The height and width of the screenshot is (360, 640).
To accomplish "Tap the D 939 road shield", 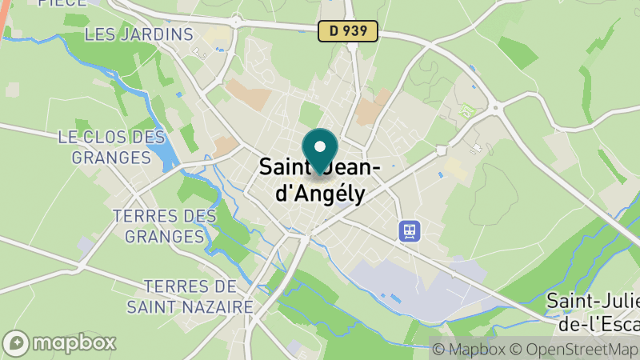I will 348,31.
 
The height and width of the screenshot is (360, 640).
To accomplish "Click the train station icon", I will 410,231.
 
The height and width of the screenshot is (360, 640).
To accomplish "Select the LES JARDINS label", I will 139,34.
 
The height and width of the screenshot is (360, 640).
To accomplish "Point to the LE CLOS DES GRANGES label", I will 111,147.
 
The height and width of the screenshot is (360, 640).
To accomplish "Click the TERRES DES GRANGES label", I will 165,226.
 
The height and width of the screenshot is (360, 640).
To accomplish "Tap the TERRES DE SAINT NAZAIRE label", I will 190,296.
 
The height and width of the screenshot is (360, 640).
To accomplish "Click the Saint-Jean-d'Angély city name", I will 320,181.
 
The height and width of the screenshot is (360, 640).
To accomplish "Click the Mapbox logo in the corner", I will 61,343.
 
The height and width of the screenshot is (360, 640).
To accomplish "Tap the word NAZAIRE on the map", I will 218,306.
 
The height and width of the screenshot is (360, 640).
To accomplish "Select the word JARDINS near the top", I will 157,34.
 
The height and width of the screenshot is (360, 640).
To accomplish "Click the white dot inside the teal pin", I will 320,146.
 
